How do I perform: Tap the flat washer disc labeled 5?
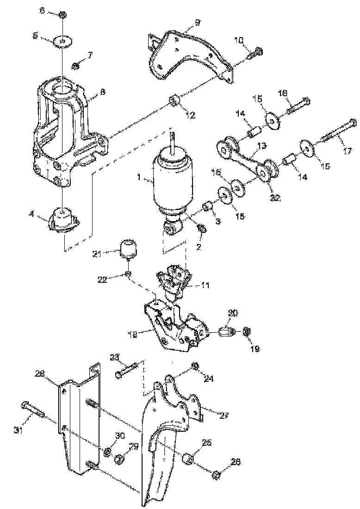pos(62,41)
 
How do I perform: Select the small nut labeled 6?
pos(62,15)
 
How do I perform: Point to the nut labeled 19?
pos(247,331)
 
